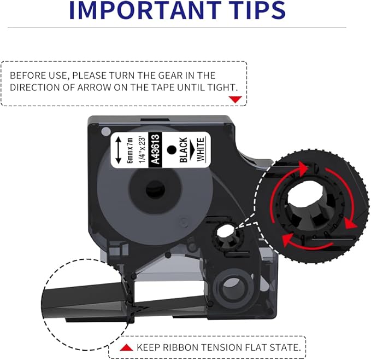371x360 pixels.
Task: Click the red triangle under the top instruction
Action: pyautogui.click(x=235, y=99)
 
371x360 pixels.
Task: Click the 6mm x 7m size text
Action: pyautogui.click(x=130, y=148)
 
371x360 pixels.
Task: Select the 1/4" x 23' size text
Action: pyautogui.click(x=142, y=148)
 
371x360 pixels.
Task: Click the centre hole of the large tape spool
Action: pyautogui.click(x=148, y=191)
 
